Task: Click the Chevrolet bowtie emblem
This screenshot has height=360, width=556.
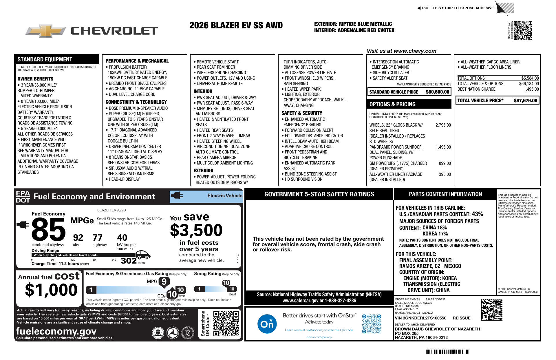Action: pyautogui.click(x=45, y=30)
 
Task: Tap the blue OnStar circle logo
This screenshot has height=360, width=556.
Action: pyautogui.click(x=267, y=324)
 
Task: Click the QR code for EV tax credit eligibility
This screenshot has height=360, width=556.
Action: pyautogui.click(x=523, y=30)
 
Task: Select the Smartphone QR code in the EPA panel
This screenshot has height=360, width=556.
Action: pyautogui.click(x=226, y=324)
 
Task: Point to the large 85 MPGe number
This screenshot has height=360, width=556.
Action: pyautogui.click(x=49, y=230)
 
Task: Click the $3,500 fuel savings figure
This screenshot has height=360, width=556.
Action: pyautogui.click(x=196, y=231)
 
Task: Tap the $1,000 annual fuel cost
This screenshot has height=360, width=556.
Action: pyautogui.click(x=51, y=290)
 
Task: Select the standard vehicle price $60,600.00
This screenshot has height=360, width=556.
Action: pyautogui.click(x=437, y=92)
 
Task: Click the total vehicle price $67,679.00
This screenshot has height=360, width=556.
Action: pyautogui.click(x=525, y=100)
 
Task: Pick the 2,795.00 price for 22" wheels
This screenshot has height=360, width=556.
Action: pyautogui.click(x=443, y=125)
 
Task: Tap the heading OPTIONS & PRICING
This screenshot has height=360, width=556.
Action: pyautogui.click(x=392, y=104)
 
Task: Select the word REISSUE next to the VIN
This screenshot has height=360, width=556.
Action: pyautogui.click(x=462, y=318)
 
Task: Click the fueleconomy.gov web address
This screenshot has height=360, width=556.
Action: pyautogui.click(x=56, y=331)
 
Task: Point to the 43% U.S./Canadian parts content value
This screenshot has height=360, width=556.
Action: pyautogui.click(x=477, y=214)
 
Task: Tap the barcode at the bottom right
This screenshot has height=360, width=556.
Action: pyautogui.click(x=447, y=352)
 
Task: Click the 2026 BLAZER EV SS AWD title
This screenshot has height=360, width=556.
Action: pyautogui.click(x=236, y=25)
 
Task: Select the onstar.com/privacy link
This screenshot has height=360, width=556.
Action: pyautogui.click(x=319, y=337)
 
